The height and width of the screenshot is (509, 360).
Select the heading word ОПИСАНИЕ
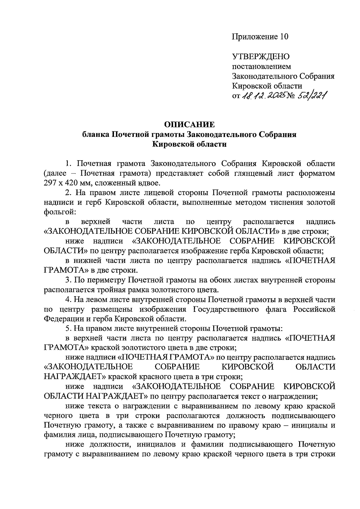189,124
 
